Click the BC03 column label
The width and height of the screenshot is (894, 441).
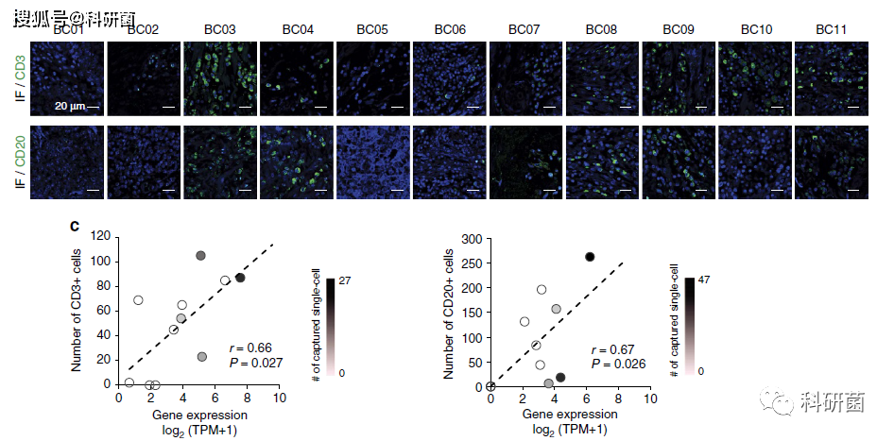[220, 30]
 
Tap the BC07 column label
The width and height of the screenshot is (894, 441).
[524, 30]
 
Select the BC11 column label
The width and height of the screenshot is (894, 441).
[831, 30]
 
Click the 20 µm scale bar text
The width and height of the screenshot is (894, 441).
[70, 106]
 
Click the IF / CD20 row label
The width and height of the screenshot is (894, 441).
[20, 162]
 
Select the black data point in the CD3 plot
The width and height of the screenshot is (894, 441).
[240, 278]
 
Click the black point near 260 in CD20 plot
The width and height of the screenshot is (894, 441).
[590, 257]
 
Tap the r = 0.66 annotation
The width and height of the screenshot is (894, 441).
[250, 348]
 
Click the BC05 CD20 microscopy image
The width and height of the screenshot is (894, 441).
[372, 161]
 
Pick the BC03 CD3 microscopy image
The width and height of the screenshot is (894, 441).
[220, 79]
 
